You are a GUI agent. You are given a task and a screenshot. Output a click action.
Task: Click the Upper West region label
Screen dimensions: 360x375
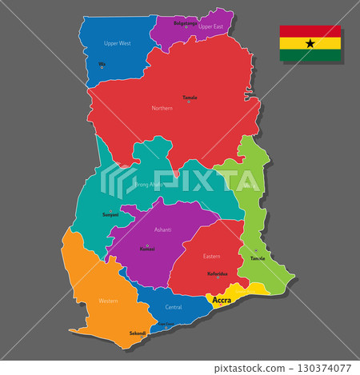point(118,43)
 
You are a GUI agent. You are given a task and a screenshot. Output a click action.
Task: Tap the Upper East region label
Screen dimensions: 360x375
point(210,26)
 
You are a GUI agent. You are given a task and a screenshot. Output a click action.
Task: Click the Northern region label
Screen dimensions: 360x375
point(162,108)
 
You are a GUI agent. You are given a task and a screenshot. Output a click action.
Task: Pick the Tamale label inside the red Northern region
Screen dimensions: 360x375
point(190,98)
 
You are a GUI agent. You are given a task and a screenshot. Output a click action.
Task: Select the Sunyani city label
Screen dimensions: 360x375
point(110,214)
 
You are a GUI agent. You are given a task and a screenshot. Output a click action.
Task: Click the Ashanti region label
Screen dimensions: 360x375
point(163,229)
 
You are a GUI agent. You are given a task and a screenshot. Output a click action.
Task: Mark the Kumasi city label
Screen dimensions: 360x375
point(147,249)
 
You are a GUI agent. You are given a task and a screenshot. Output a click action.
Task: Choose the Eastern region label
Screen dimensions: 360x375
point(211,256)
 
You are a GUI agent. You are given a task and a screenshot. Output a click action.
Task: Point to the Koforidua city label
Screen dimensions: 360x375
point(218,273)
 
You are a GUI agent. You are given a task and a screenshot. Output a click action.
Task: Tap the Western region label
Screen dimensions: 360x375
point(107,301)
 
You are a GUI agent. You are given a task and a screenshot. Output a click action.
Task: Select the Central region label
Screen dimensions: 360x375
point(173,306)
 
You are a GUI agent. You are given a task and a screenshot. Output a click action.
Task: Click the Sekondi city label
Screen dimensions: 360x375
point(138,333)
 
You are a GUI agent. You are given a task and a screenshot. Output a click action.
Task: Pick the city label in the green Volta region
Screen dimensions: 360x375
point(258,258)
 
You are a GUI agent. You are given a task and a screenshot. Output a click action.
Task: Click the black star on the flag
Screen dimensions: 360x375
point(310,44)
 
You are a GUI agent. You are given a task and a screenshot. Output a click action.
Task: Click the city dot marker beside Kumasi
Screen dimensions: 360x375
point(147,245)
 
